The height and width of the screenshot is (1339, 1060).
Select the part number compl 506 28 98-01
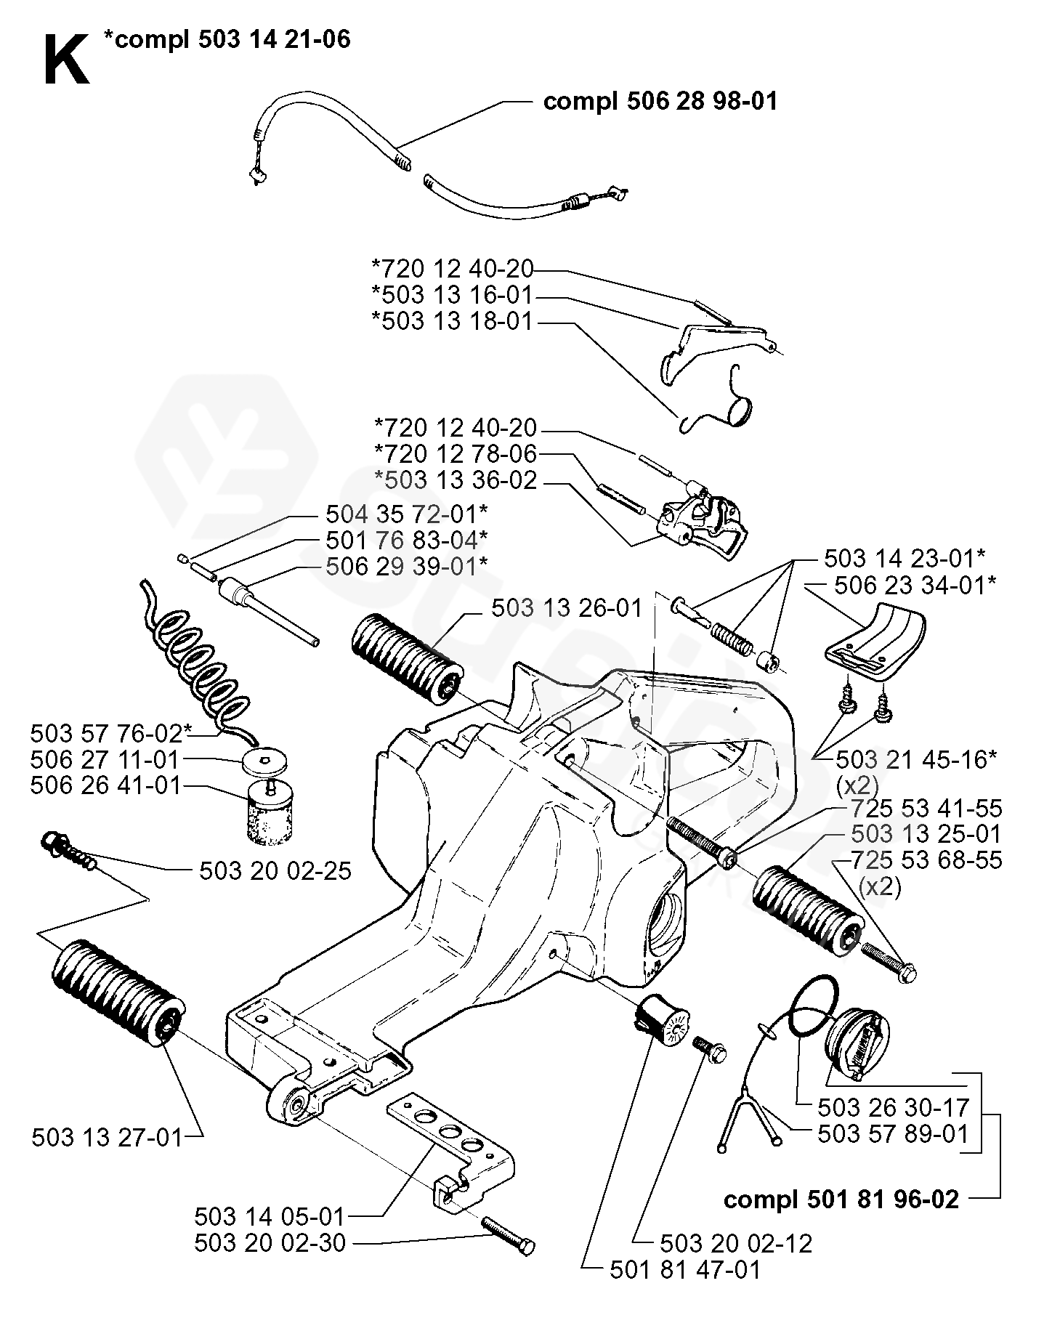click(x=660, y=101)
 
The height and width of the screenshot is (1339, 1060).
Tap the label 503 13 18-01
click(x=452, y=321)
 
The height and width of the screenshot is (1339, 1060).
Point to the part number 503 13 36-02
click(x=455, y=480)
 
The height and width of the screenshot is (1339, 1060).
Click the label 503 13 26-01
click(x=567, y=608)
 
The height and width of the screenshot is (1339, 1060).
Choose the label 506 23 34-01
click(x=915, y=585)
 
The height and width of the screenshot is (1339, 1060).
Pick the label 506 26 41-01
click(x=105, y=785)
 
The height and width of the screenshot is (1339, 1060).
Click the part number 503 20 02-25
click(x=275, y=870)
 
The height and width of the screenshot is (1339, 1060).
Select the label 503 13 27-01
click(x=107, y=1137)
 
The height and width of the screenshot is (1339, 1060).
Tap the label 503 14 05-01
click(x=270, y=1215)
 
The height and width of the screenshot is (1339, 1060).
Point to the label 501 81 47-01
click(x=685, y=1270)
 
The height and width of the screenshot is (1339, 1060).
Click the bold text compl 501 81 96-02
click(x=841, y=1199)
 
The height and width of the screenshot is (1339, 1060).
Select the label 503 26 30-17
click(x=893, y=1107)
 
